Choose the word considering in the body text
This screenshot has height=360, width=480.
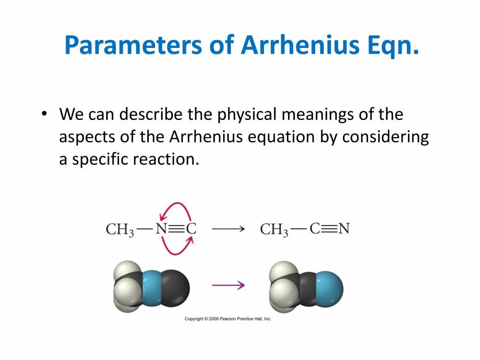coord(386,137)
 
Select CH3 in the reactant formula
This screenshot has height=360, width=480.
coord(119,230)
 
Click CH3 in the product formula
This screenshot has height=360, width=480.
coord(274,230)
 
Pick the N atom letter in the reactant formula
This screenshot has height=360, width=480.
coord(161,229)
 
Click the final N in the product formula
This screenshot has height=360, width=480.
coord(344,229)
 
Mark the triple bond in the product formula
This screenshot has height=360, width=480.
coord(330,229)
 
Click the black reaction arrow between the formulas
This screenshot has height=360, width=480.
coord(228,229)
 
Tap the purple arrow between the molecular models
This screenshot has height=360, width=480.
coord(228,285)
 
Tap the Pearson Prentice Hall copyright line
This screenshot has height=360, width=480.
coord(228,319)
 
